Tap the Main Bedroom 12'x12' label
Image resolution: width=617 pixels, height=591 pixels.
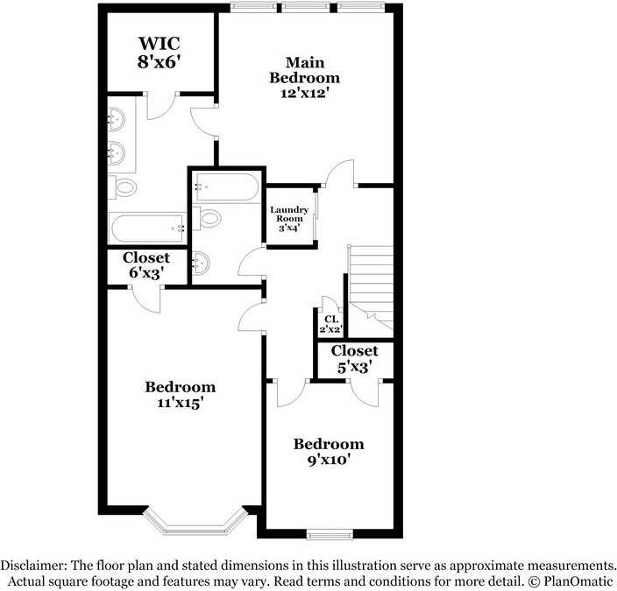click(x=304, y=77)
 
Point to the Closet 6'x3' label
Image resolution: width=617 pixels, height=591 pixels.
click(x=145, y=265)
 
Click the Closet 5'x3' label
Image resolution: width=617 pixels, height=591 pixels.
click(x=354, y=359)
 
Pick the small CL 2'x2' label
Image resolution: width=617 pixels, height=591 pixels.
click(x=330, y=324)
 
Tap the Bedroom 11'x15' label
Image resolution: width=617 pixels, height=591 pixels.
click(x=180, y=395)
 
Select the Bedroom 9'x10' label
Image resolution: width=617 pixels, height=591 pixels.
click(x=328, y=451)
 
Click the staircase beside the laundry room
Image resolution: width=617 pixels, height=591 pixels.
click(x=370, y=285)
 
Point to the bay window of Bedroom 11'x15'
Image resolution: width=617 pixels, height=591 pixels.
click(x=192, y=524)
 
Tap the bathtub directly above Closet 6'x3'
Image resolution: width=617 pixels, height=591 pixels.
click(x=146, y=229)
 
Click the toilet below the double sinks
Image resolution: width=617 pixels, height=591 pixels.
click(x=124, y=186)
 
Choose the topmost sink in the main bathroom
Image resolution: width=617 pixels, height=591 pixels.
click(x=117, y=122)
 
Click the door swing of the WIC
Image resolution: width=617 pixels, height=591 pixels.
click(x=162, y=106)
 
